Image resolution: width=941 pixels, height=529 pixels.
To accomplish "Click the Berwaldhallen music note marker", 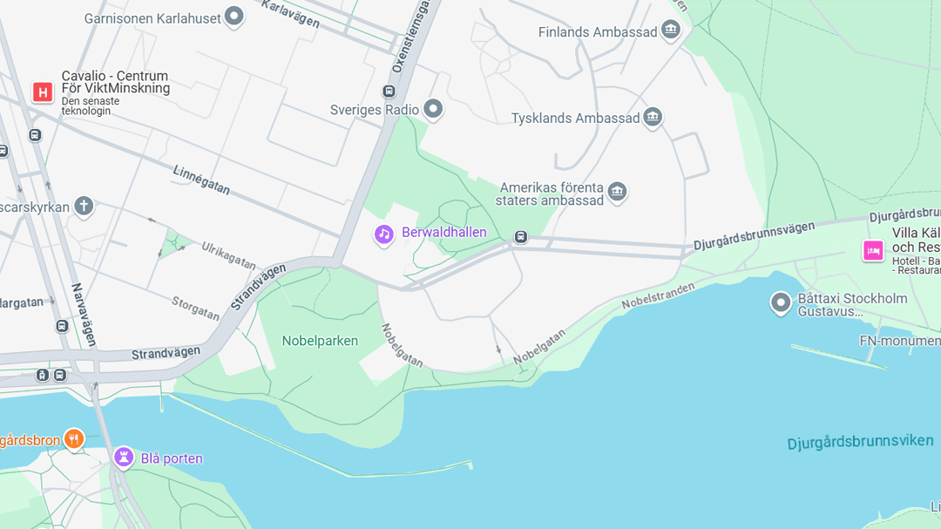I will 384,234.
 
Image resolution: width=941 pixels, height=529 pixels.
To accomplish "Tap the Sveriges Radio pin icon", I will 433,109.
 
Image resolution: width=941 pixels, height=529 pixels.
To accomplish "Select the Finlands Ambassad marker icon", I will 670,31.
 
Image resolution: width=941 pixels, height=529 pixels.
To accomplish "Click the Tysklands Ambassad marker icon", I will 653,118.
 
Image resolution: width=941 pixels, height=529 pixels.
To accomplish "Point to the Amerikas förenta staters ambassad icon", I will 617,192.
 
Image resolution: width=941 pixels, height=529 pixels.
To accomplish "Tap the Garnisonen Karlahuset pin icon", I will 234,16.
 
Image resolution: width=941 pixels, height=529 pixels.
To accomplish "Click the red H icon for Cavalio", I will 43,92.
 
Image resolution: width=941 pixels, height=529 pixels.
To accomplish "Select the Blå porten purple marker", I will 124,458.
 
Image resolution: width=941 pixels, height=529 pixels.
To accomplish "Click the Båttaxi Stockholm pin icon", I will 781,302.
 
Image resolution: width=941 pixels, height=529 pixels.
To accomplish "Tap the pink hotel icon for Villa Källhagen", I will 873,250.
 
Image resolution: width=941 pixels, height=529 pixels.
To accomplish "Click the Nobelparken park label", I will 320,341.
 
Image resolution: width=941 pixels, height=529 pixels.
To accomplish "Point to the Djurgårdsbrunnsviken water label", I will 860,442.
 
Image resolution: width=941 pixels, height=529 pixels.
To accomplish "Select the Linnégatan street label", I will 201,180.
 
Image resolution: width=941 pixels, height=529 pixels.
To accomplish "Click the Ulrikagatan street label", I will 229,256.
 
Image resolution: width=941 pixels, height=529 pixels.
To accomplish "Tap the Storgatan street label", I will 195,308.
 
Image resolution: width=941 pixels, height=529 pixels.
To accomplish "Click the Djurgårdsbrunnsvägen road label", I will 755,236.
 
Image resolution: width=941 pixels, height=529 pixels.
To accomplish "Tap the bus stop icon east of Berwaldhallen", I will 520,237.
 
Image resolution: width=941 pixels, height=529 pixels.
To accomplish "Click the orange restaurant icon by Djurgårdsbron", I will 74,439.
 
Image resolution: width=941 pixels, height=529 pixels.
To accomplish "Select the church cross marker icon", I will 83,207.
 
